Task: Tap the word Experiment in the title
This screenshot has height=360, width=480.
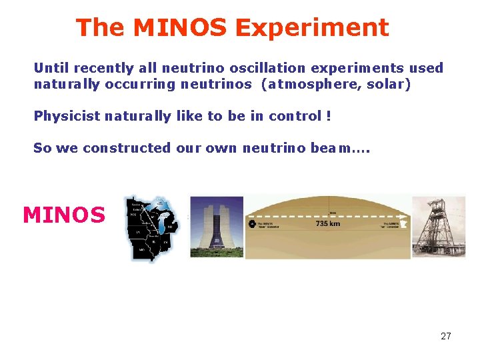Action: (311, 28)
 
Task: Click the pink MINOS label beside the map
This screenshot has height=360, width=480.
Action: (64, 215)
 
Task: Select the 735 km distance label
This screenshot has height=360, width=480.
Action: (328, 224)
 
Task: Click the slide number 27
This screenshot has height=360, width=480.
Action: (446, 336)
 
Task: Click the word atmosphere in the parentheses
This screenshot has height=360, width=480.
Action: (312, 85)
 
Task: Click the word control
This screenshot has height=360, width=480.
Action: (295, 116)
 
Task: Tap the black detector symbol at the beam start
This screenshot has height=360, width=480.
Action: (252, 224)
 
